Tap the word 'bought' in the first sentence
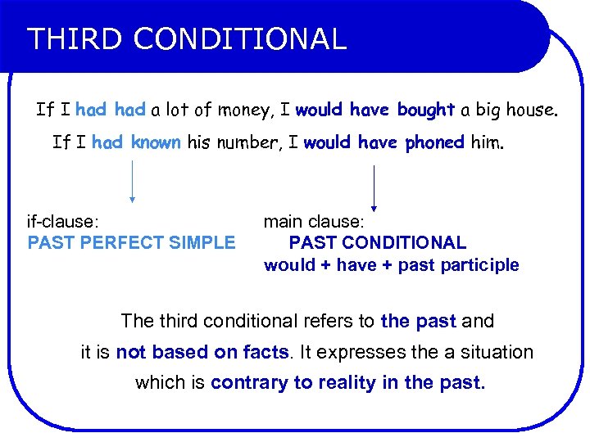(425, 110)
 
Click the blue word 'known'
(155, 142)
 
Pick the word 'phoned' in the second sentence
(434, 142)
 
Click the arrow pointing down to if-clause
(132, 181)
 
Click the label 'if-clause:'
(64, 221)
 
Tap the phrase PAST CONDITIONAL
(377, 242)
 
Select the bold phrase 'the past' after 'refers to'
(418, 321)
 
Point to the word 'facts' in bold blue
(266, 352)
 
